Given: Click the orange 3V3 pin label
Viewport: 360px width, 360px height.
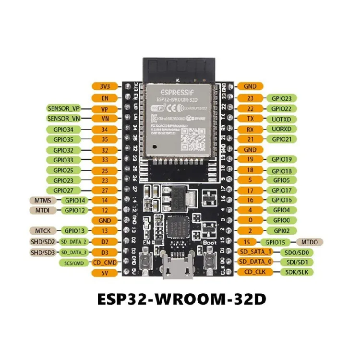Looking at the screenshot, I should pyautogui.click(x=105, y=86).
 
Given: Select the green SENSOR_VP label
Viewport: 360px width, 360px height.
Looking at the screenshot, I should pyautogui.click(x=64, y=108).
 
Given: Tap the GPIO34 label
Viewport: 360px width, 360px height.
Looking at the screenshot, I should pyautogui.click(x=64, y=129).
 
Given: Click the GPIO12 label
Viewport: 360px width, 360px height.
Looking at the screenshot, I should pyautogui.click(x=76, y=210).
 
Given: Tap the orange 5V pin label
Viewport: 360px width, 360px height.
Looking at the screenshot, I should pyautogui.click(x=105, y=272).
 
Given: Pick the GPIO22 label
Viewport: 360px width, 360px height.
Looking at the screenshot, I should pyautogui.click(x=281, y=108).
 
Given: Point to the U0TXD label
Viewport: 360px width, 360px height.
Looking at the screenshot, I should pyautogui.click(x=281, y=119).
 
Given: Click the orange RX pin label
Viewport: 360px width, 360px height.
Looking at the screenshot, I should pyautogui.click(x=250, y=129).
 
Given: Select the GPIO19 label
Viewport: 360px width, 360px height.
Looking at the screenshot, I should pyautogui.click(x=281, y=159).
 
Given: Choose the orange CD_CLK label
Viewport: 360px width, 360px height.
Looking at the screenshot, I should pyautogui.click(x=255, y=272).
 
